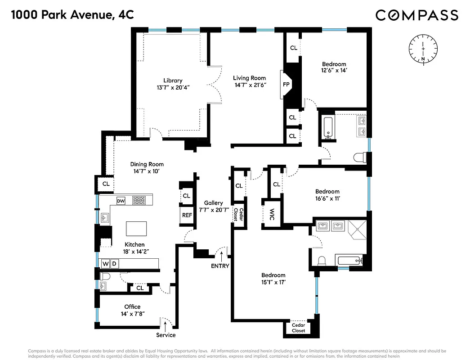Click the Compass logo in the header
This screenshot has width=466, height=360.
pos(417,15)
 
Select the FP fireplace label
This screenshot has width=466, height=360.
pos(286,84)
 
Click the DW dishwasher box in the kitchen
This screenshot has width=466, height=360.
pos(121,201)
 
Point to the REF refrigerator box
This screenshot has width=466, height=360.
pos(187,215)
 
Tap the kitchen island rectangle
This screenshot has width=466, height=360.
pos(137,229)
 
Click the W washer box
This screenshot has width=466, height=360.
pos(105,263)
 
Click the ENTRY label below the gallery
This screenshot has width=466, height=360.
pos(220,266)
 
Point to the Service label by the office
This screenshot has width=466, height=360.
pos(166,335)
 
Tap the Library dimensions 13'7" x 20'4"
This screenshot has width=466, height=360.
pos(173,88)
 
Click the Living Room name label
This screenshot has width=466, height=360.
pos(249,78)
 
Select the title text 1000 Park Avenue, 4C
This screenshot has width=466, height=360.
pos(72,15)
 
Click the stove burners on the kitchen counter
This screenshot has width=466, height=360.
pos(139,200)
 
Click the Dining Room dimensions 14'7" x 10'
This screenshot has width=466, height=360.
pos(147,171)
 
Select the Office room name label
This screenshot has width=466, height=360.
pos(132,306)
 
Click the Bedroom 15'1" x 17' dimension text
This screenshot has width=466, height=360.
pos(273,282)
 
